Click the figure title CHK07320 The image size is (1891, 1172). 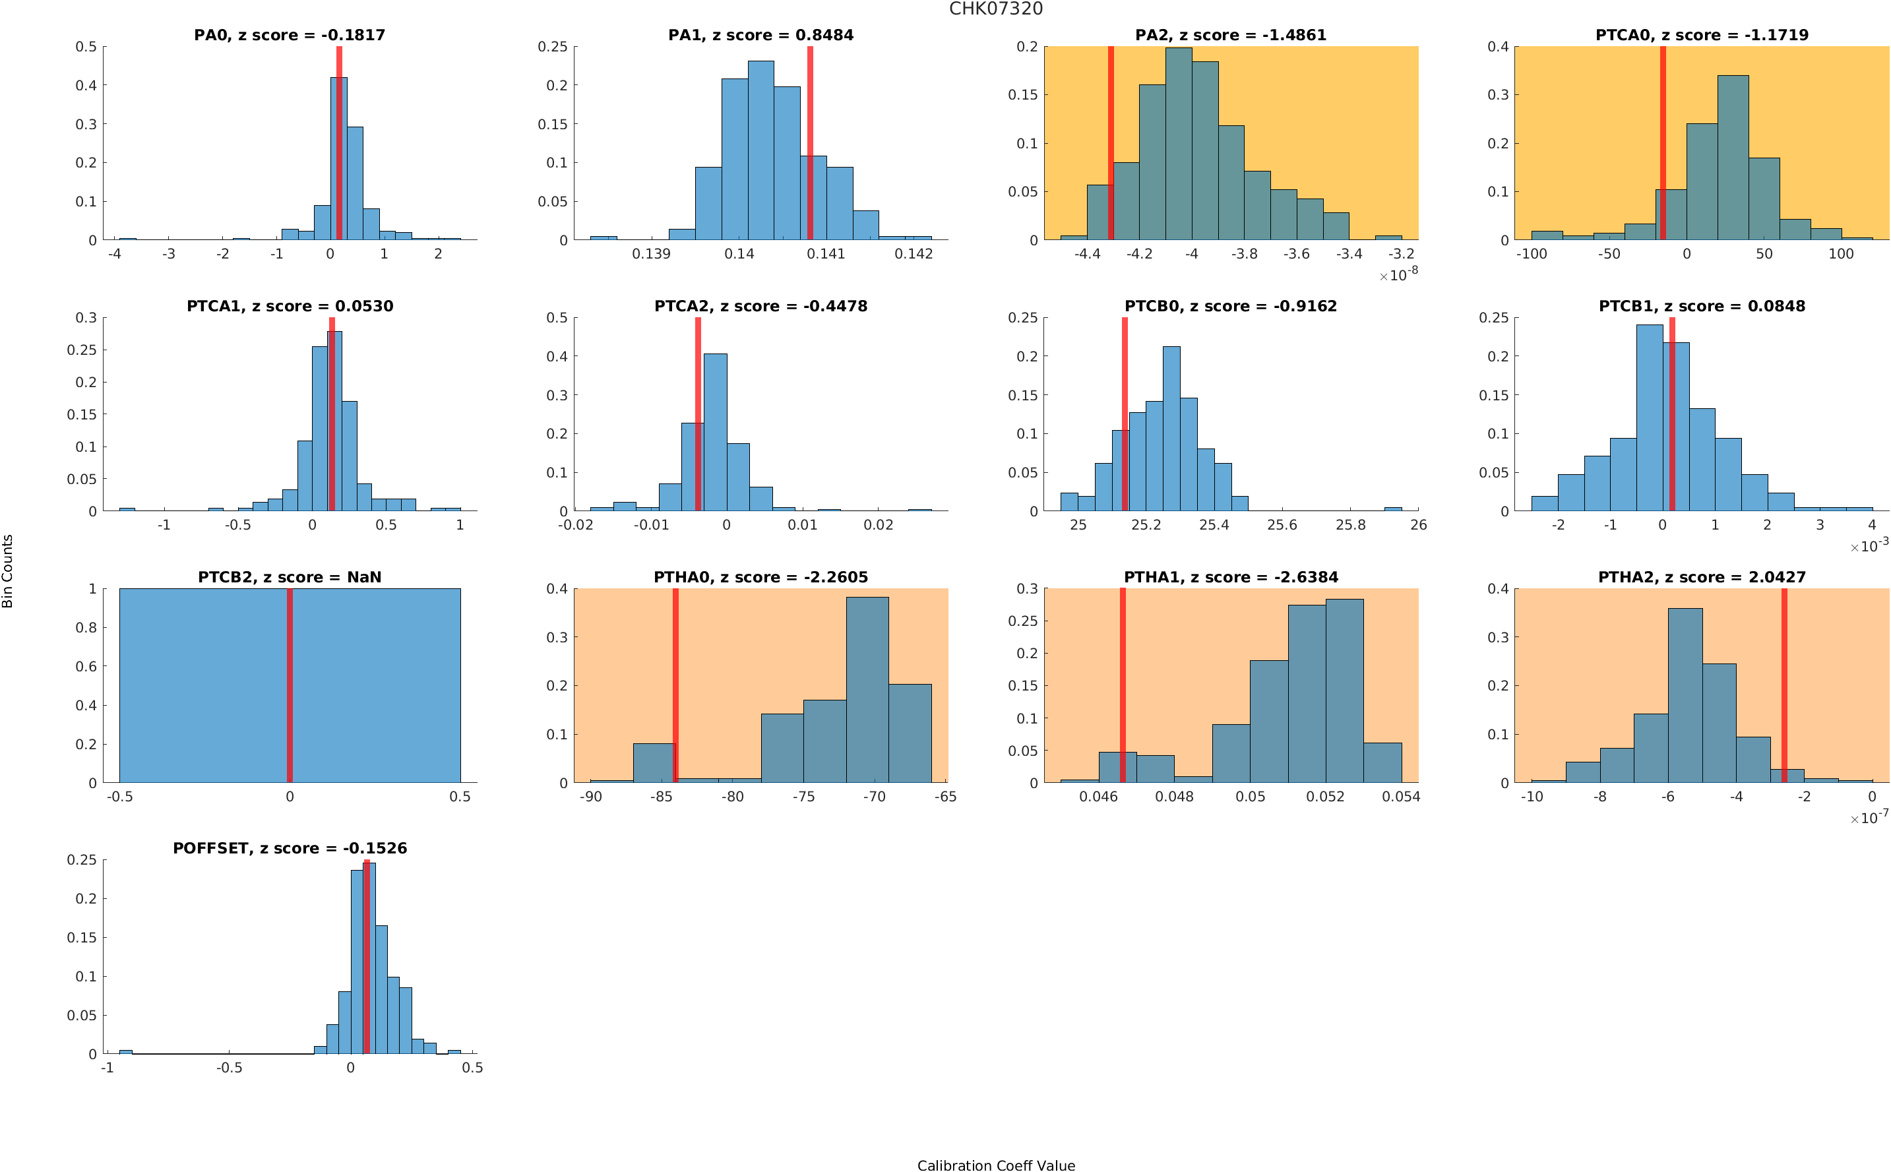pyautogui.click(x=995, y=9)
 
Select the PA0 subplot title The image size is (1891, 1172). pyautogui.click(x=289, y=35)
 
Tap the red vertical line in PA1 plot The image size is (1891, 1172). pyautogui.click(x=810, y=143)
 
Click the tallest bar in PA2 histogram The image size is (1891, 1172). pyautogui.click(x=1178, y=143)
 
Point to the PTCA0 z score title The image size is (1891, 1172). pyautogui.click(x=1701, y=35)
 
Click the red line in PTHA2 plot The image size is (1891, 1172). pyautogui.click(x=1783, y=685)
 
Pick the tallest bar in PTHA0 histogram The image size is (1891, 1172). pyautogui.click(x=867, y=689)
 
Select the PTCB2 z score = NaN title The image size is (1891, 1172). pyautogui.click(x=289, y=578)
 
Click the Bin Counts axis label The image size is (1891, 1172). pyautogui.click(x=8, y=571)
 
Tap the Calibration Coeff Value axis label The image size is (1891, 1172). pyautogui.click(x=995, y=1165)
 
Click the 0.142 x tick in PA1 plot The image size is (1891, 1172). pyautogui.click(x=913, y=254)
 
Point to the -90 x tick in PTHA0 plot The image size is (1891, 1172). pyautogui.click(x=590, y=797)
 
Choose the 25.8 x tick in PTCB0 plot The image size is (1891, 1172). pyautogui.click(x=1350, y=526)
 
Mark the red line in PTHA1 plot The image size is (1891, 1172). pyautogui.click(x=1122, y=685)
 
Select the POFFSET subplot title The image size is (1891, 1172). pyautogui.click(x=289, y=848)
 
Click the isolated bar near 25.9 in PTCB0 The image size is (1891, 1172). pyautogui.click(x=1392, y=509)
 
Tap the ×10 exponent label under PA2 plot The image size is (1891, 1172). pyautogui.click(x=1399, y=274)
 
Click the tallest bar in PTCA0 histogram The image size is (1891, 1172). pyautogui.click(x=1732, y=158)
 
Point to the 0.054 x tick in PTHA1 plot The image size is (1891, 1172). pyautogui.click(x=1400, y=797)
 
